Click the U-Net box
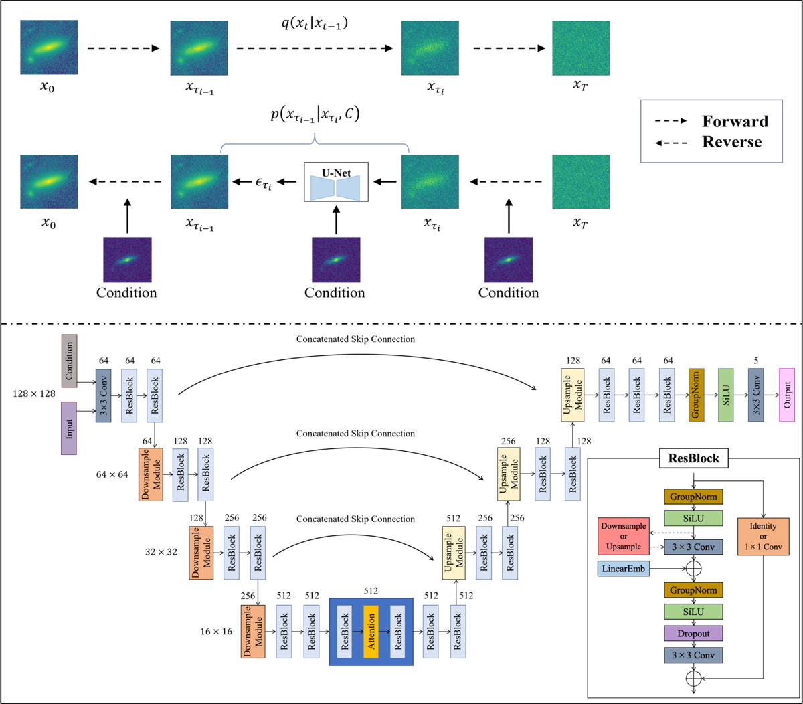click(x=336, y=181)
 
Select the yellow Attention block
click(x=371, y=631)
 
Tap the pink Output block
click(x=787, y=395)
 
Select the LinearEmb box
click(x=624, y=569)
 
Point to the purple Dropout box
click(x=693, y=633)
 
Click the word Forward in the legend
click(x=735, y=121)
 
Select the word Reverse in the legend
click(x=732, y=142)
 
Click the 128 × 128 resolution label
click(x=33, y=394)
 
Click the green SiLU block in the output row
click(x=727, y=395)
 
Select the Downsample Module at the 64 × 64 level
click(x=150, y=474)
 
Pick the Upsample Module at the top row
click(x=573, y=395)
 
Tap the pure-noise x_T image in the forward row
click(x=581, y=48)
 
